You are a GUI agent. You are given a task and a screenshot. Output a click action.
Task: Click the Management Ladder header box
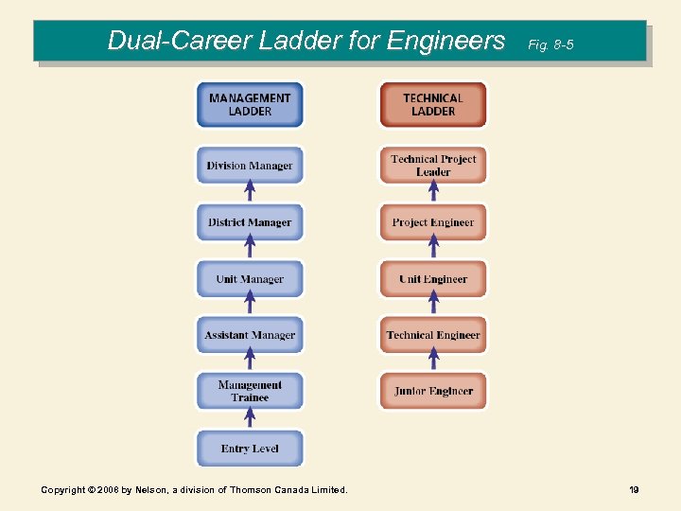(250, 105)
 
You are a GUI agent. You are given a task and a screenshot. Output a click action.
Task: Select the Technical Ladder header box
(433, 105)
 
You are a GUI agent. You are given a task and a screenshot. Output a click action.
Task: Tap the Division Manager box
(250, 166)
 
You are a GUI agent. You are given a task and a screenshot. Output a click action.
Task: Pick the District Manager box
(250, 222)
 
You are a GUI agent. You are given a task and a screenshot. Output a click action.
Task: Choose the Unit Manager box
(250, 279)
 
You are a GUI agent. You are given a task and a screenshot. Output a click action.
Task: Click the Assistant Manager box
(250, 335)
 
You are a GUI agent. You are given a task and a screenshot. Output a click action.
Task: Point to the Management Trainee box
(250, 391)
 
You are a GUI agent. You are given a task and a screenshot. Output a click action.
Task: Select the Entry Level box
(250, 448)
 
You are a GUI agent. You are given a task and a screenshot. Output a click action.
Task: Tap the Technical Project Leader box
(433, 166)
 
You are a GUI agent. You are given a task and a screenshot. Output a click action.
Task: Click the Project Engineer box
(433, 222)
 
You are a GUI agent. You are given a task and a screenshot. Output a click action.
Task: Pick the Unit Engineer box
(433, 279)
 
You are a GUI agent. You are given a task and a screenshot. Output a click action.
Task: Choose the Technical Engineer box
(433, 335)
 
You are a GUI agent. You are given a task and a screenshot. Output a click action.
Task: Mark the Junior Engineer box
(433, 391)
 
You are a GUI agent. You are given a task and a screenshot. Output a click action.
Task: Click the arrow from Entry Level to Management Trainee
(250, 418)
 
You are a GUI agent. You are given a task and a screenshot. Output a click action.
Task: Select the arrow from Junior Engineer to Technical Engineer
(434, 361)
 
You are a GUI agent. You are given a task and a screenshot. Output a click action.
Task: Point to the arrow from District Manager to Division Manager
(250, 193)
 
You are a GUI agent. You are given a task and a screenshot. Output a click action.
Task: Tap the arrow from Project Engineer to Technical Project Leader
(434, 193)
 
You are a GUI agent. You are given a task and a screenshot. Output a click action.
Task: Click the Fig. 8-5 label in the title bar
(550, 44)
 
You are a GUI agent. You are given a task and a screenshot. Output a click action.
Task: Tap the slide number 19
(634, 489)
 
